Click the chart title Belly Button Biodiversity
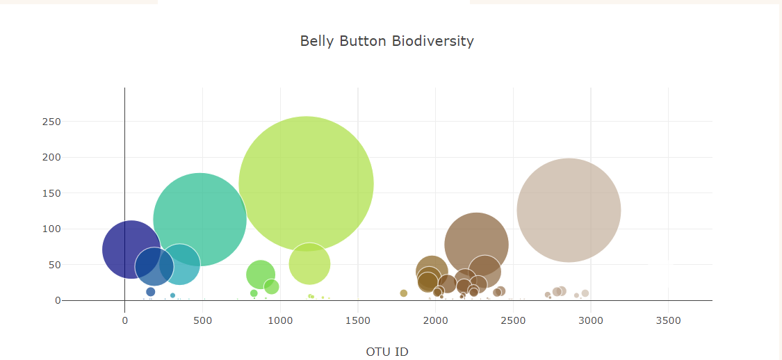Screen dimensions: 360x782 tap(386, 41)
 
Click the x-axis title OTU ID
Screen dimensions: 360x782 tap(386, 352)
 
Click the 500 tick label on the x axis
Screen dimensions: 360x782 tap(202, 320)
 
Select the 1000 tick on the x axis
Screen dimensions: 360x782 tap(280, 320)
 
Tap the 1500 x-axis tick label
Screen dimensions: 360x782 tap(357, 320)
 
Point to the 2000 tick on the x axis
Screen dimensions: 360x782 tap(435, 320)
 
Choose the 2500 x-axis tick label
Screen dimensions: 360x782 tap(513, 320)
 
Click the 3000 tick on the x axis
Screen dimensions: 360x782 tap(590, 320)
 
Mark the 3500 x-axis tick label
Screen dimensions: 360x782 tap(668, 320)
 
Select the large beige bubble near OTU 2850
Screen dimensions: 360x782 tap(569, 210)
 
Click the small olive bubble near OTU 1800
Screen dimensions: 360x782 tap(403, 293)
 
